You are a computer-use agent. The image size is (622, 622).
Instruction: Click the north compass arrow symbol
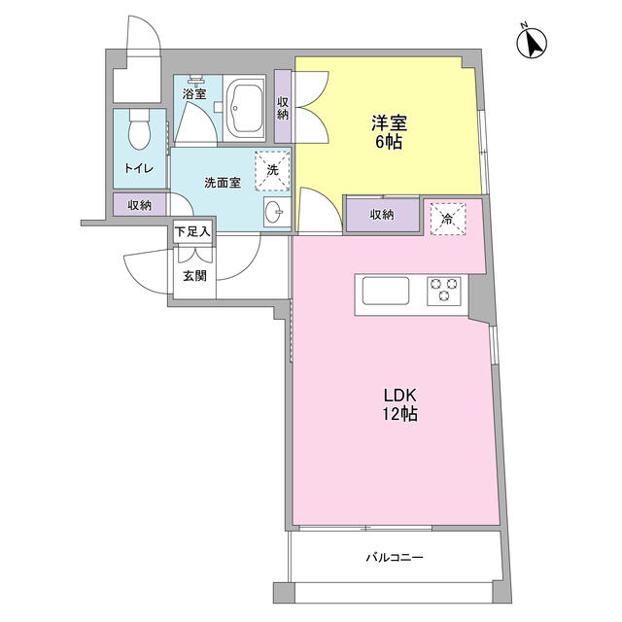(x=532, y=43)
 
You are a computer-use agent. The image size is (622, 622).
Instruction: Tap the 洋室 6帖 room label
(x=389, y=132)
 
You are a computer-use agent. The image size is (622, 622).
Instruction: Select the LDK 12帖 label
(x=399, y=404)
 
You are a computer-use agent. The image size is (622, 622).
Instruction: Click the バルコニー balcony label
(x=395, y=557)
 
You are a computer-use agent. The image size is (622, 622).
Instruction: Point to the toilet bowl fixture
(x=140, y=129)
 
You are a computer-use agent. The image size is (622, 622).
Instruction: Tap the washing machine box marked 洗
(x=272, y=171)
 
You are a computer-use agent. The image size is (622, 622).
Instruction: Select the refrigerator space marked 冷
(x=448, y=219)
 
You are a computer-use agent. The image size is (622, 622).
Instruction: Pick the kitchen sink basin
(x=386, y=291)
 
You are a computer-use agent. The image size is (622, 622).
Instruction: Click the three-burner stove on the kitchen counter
(x=444, y=292)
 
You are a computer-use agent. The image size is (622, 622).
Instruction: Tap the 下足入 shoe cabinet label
(x=192, y=231)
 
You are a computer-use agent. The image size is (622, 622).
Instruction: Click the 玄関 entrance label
(x=194, y=276)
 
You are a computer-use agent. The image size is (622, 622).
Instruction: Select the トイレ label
(x=139, y=168)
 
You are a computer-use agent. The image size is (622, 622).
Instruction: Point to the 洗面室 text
(x=223, y=183)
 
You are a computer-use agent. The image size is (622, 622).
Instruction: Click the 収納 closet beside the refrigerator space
(x=382, y=215)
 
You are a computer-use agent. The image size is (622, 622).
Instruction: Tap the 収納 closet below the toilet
(x=140, y=205)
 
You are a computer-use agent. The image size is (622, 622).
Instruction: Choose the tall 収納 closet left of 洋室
(x=283, y=107)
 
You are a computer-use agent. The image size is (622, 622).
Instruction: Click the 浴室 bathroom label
(x=194, y=94)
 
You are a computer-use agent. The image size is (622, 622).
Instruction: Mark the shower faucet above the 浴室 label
(x=194, y=80)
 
